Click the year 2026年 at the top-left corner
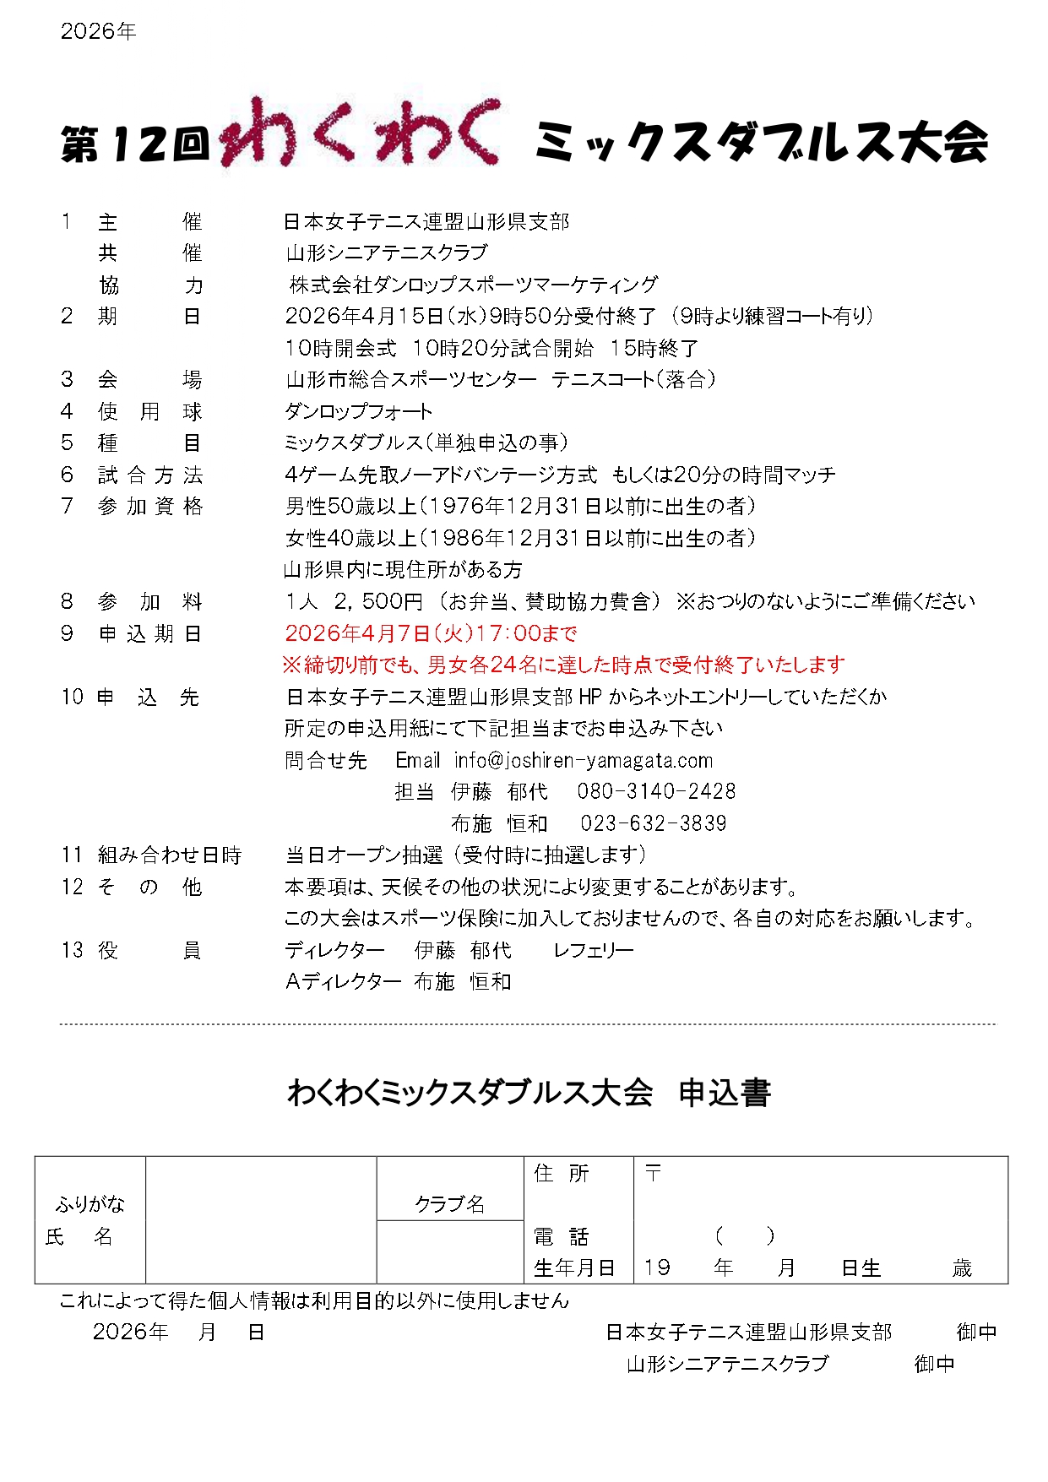(98, 32)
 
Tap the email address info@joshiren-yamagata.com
(583, 761)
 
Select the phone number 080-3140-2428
(656, 792)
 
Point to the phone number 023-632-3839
(653, 823)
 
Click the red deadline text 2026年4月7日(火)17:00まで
(431, 633)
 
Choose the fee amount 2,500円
(377, 602)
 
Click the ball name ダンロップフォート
(358, 412)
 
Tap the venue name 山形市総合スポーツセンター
(411, 380)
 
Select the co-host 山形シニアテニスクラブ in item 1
(387, 253)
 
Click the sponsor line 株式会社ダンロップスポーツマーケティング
(473, 285)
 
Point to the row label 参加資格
(149, 507)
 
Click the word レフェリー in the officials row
(594, 951)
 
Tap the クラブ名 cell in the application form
(449, 1204)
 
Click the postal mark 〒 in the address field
(653, 1173)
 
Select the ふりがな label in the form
(90, 1204)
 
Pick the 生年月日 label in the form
(574, 1268)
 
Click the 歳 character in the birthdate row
(962, 1268)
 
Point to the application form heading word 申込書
(725, 1094)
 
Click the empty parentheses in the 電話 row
(744, 1236)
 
